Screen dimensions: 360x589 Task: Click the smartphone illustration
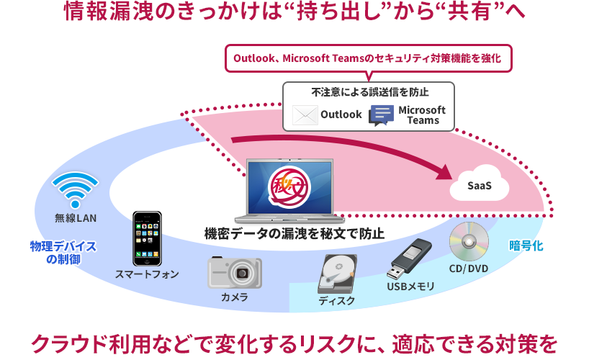[x=147, y=238]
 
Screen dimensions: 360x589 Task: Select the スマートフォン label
[x=147, y=274]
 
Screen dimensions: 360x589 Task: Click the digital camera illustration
[x=235, y=272]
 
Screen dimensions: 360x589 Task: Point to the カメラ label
[x=235, y=297]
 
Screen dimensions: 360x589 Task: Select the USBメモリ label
[x=411, y=287]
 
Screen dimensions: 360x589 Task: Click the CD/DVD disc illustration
[x=469, y=242]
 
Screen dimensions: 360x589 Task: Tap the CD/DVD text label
[x=469, y=269]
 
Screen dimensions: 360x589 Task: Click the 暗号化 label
[x=526, y=246]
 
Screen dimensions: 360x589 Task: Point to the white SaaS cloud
[x=480, y=186]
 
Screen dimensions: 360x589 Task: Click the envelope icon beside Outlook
[x=305, y=114]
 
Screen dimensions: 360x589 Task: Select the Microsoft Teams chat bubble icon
[x=381, y=115]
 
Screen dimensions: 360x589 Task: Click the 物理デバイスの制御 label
[x=63, y=253]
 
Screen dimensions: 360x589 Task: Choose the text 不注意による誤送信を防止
[x=370, y=92]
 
